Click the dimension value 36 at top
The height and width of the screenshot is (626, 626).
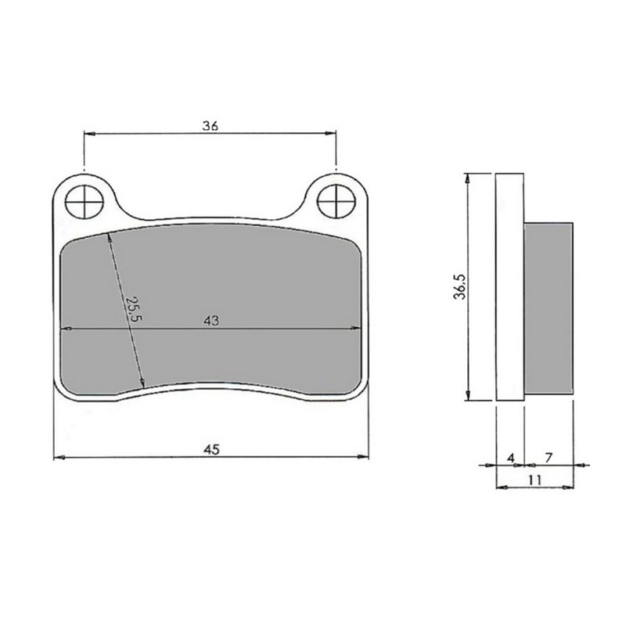[210, 125]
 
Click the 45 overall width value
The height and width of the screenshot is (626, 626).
[210, 449]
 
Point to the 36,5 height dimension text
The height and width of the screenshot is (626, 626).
[462, 287]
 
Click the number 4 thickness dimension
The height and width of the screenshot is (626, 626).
[510, 455]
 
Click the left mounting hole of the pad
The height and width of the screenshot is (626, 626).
[84, 203]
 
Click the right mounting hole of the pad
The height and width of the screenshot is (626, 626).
[336, 203]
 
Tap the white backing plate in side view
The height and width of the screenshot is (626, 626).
[509, 287]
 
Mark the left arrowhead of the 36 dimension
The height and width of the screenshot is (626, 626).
[88, 135]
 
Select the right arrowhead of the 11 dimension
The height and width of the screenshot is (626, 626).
[569, 487]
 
